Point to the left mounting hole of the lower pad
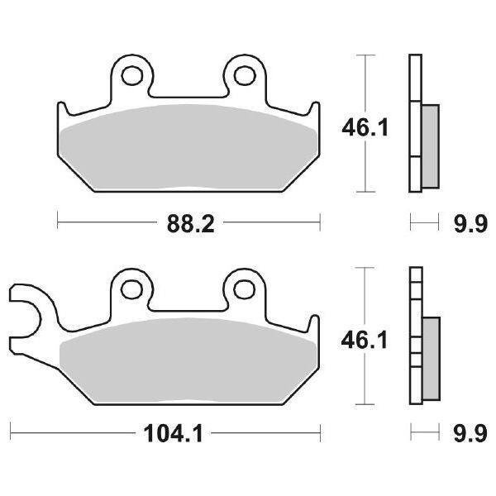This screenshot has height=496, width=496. (x=131, y=288)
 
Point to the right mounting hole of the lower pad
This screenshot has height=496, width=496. (x=244, y=288)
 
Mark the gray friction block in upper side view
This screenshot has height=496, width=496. (x=431, y=145)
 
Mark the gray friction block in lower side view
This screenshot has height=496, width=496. (x=431, y=357)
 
